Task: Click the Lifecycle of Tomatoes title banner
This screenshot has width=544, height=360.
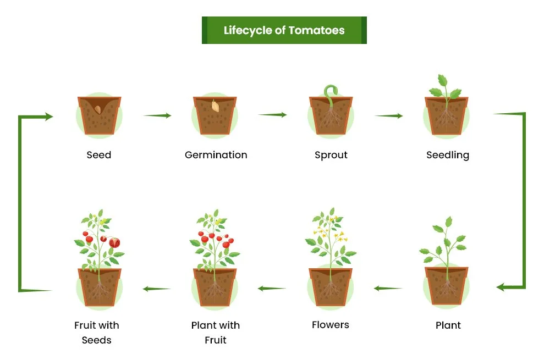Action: [x=284, y=30]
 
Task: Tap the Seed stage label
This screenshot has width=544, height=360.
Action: [x=99, y=155]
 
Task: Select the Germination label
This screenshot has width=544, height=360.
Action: [x=216, y=155]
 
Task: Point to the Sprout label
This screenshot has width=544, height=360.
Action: [x=331, y=155]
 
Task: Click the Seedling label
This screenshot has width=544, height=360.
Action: [x=448, y=155]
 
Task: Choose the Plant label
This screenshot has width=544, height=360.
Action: [x=448, y=325]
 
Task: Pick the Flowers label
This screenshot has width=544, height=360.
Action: [x=331, y=325]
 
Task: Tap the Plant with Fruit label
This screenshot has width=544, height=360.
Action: [x=216, y=333]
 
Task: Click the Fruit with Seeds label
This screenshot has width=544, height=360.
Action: [x=97, y=333]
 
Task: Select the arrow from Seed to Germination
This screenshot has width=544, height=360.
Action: [x=157, y=115]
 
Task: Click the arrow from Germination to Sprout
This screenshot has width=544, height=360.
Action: [x=272, y=115]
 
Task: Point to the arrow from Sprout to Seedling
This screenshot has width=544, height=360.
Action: [x=388, y=116]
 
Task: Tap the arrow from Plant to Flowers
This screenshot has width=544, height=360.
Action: [x=388, y=287]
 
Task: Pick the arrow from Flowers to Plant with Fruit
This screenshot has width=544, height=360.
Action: [x=272, y=288]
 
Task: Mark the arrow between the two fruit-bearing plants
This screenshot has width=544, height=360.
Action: [x=157, y=289]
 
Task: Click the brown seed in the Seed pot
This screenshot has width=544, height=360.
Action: [x=98, y=109]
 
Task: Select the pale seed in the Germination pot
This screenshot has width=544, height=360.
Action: [x=216, y=104]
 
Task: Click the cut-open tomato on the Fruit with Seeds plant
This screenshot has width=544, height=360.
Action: [x=114, y=242]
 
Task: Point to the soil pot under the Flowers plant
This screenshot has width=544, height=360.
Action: [x=331, y=286]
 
